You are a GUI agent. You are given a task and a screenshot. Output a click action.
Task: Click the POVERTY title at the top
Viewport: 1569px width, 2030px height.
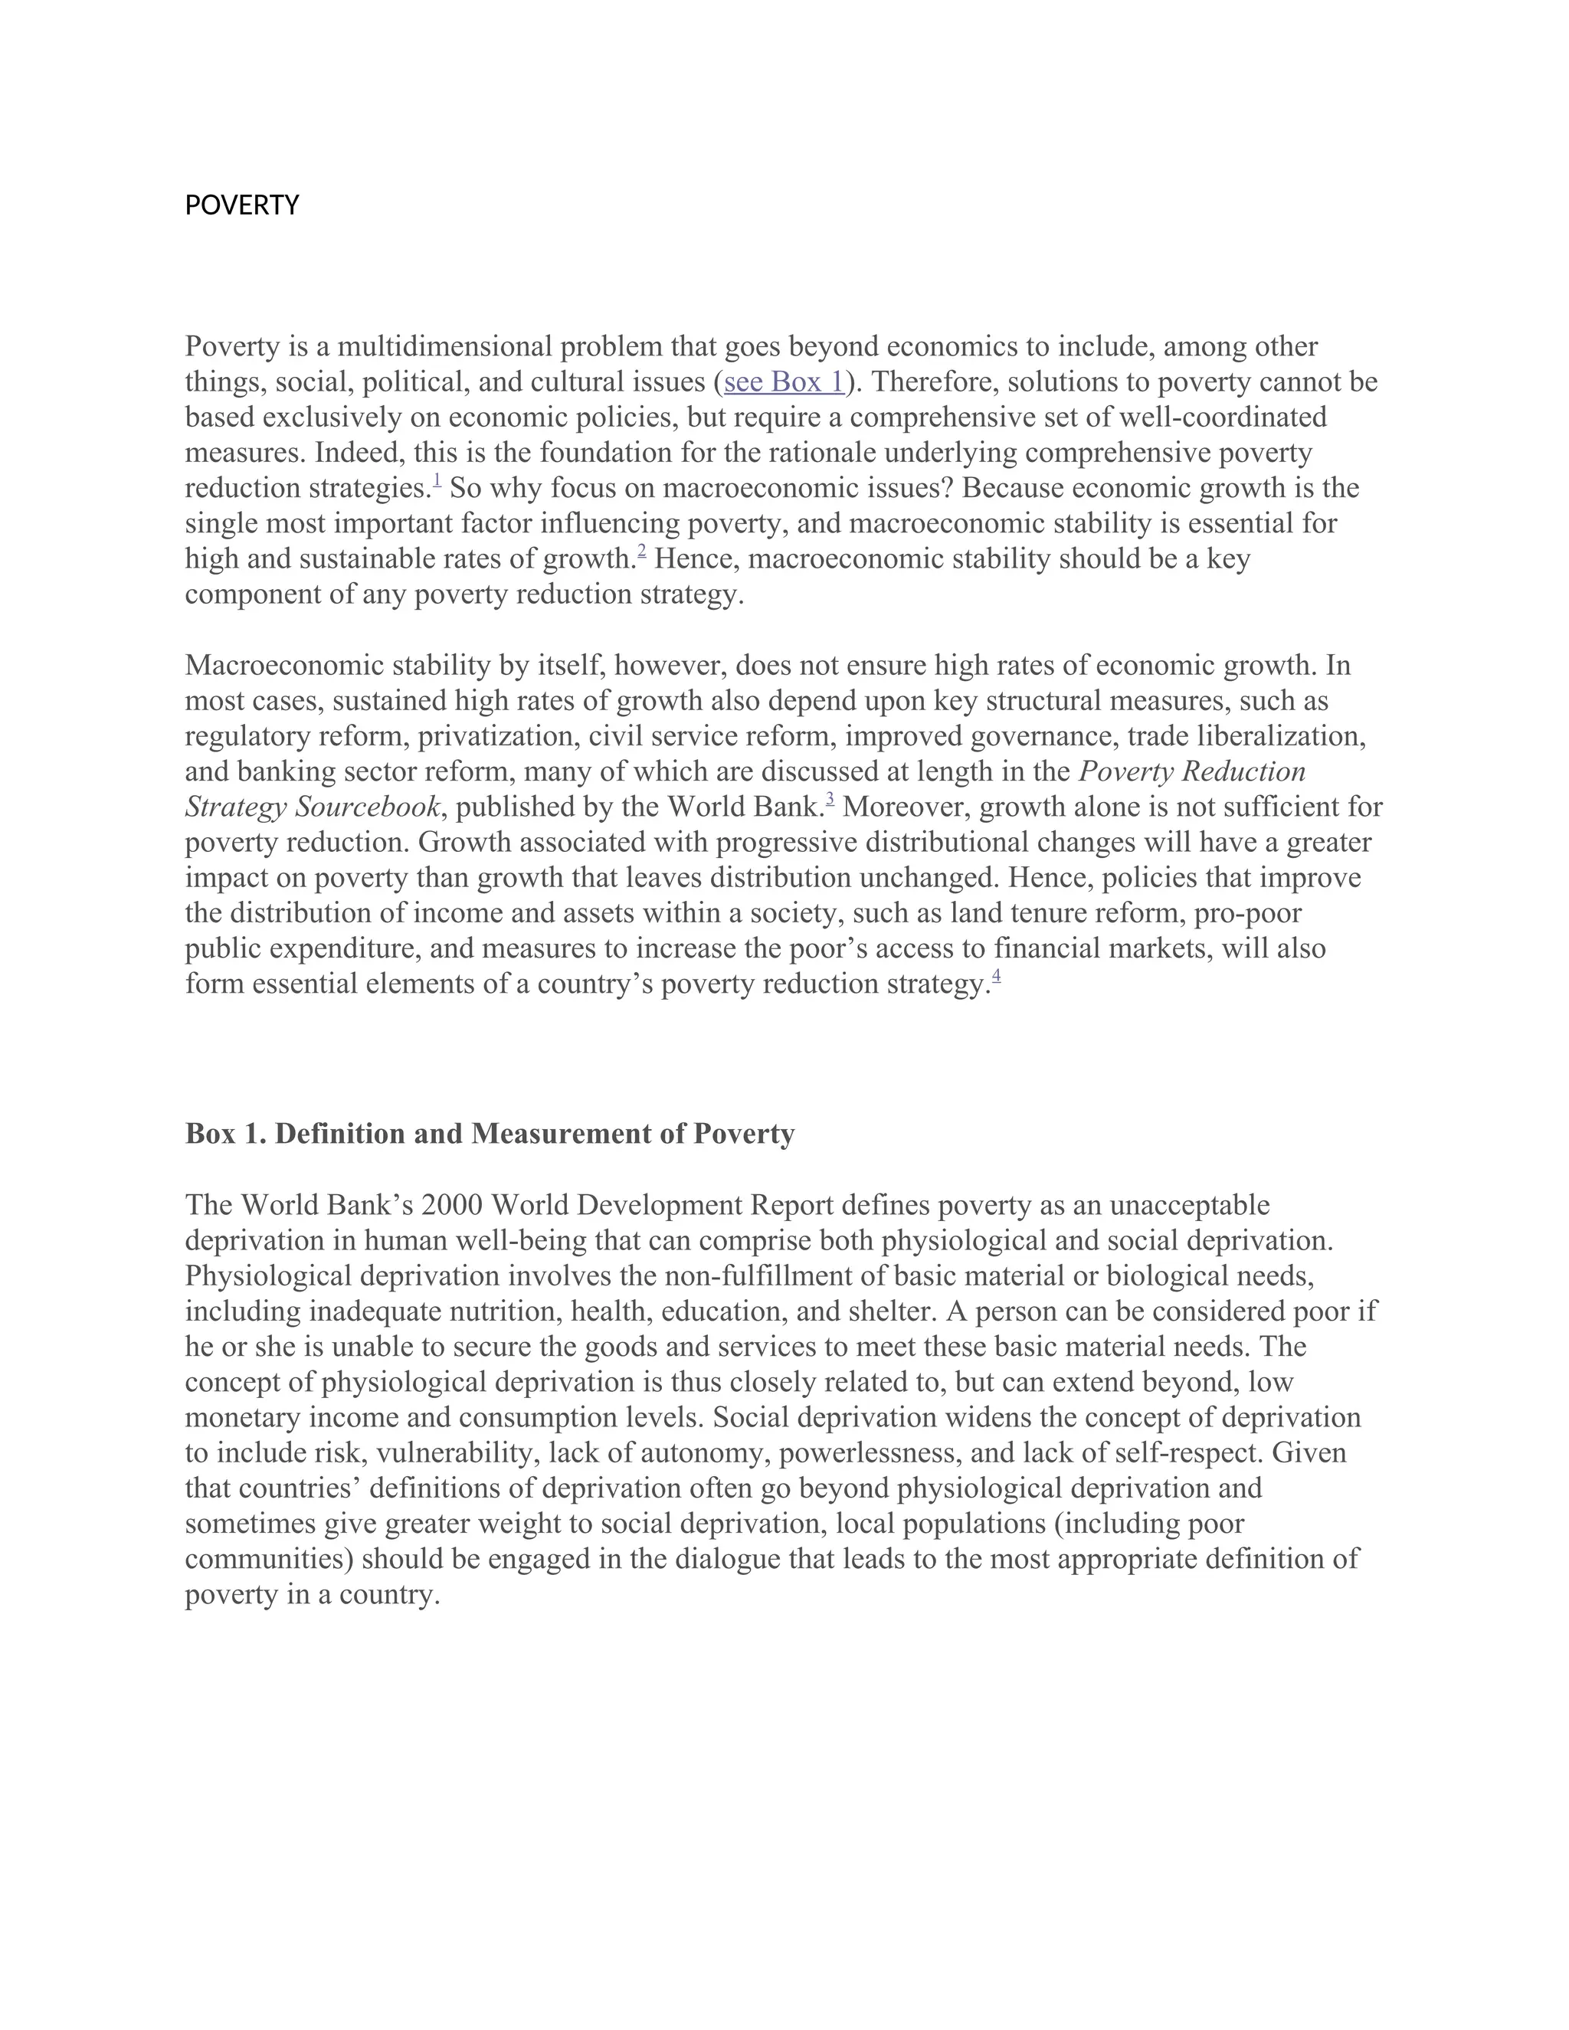[241, 205]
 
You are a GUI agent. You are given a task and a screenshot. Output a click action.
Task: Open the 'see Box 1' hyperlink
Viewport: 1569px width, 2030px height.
[784, 382]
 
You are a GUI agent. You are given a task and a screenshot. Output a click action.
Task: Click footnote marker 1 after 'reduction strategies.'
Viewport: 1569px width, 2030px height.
[437, 480]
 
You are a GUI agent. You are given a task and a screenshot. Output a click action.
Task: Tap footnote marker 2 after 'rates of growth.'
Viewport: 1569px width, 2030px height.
[641, 552]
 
